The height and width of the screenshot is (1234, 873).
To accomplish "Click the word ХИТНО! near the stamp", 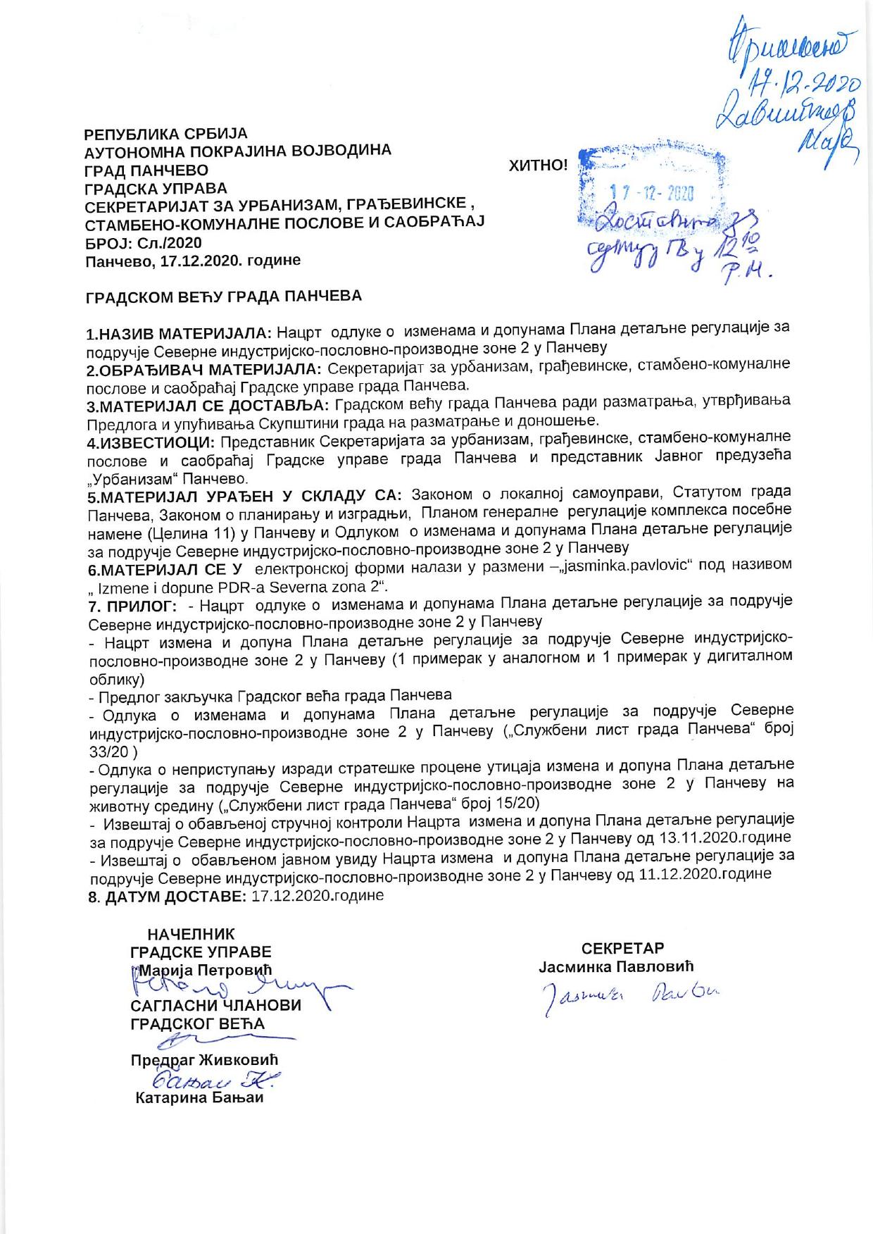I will pyautogui.click(x=538, y=166).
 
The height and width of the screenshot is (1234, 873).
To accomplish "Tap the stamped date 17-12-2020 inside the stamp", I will pyautogui.click(x=652, y=193).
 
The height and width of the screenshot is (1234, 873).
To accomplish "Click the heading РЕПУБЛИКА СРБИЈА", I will pyautogui.click(x=166, y=133).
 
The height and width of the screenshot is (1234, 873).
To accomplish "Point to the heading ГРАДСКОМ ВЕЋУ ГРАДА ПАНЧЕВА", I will pyautogui.click(x=223, y=297).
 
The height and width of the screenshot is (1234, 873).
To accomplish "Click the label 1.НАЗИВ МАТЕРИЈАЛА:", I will pyautogui.click(x=180, y=332).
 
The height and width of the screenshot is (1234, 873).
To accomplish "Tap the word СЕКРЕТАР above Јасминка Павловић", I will pyautogui.click(x=623, y=948).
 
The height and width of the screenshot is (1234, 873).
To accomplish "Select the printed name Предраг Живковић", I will pyautogui.click(x=205, y=1060).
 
